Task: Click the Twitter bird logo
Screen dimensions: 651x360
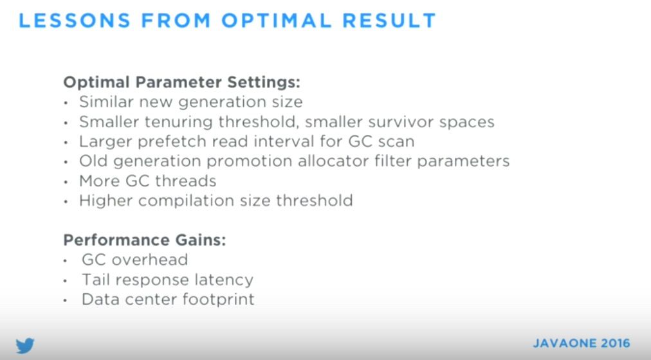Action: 25,345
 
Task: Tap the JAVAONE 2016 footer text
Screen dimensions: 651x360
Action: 582,343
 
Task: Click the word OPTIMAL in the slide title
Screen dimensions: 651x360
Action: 276,21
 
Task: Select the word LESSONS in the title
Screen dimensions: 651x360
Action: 75,21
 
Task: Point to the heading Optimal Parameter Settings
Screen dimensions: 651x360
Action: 181,82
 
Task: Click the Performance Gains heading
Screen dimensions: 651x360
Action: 145,240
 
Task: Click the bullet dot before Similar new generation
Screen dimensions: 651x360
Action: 66,103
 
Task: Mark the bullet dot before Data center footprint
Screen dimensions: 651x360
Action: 65,300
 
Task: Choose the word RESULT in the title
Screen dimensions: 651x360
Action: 389,21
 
